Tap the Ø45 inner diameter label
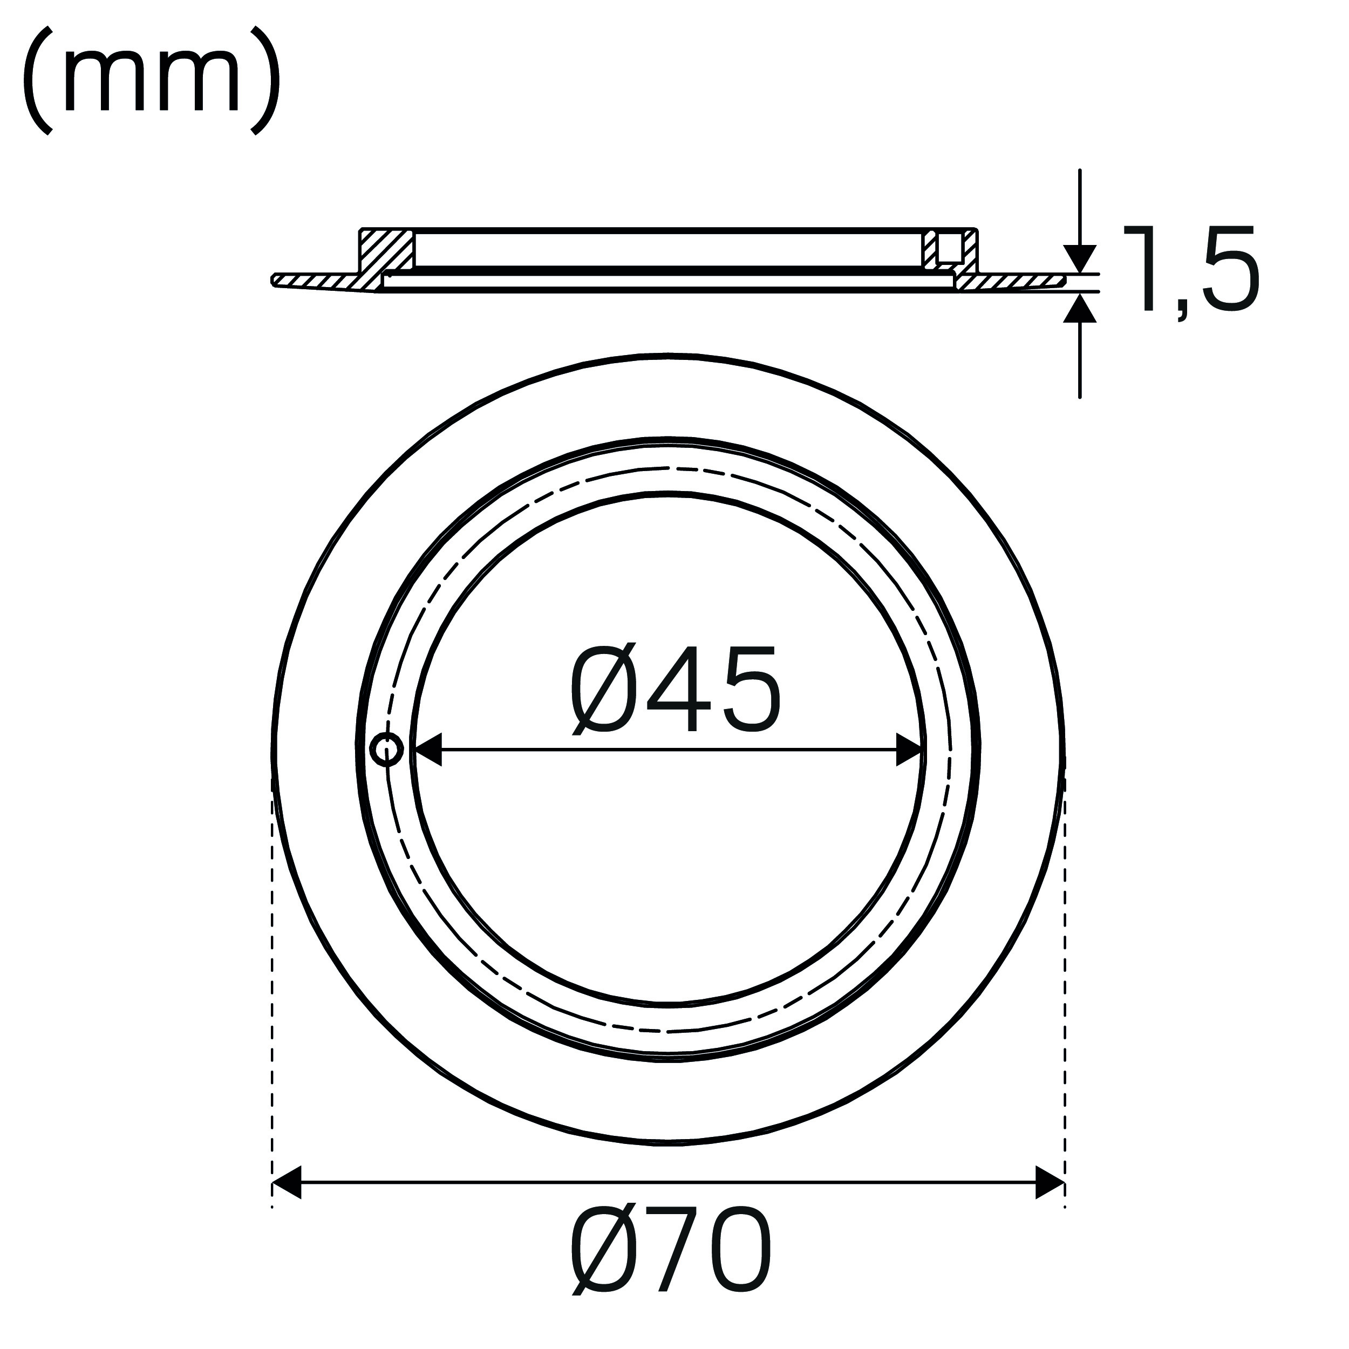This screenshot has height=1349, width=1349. pos(674,690)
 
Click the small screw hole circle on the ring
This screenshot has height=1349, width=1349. pos(386,750)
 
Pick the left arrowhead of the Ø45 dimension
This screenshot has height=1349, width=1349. pos(427,750)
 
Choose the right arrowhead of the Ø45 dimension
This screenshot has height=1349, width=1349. pos(910,750)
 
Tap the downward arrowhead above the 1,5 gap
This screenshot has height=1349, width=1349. pos(1080,258)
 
